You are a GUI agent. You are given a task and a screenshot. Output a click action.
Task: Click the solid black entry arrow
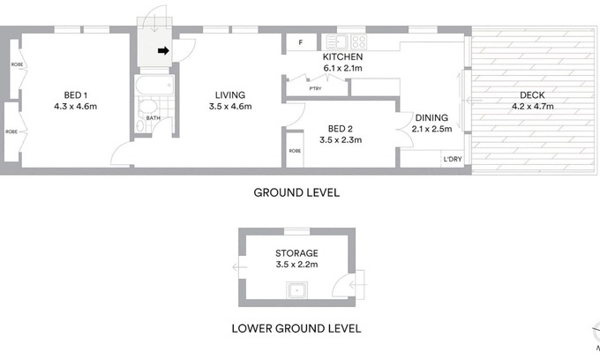[x=163, y=50]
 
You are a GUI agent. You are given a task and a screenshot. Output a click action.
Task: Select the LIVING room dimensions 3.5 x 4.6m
[x=230, y=107]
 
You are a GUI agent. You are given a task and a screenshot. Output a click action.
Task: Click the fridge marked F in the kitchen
[x=301, y=42]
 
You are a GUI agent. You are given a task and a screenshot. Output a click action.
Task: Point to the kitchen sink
[x=336, y=41]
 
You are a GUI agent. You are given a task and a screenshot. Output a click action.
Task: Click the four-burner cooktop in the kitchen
[x=358, y=41]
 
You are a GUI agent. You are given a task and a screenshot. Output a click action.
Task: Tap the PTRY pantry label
[x=315, y=89]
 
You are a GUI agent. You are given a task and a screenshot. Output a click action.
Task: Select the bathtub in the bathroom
[x=154, y=85]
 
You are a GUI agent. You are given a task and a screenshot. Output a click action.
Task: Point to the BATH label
[x=153, y=118]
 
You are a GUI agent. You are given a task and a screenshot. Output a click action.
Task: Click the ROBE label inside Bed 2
[x=295, y=151]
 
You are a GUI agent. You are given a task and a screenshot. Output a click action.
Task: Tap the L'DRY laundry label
[x=453, y=159]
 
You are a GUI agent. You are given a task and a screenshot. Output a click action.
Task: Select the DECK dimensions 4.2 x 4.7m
[x=533, y=107]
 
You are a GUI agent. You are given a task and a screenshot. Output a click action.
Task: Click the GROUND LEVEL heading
[x=296, y=192]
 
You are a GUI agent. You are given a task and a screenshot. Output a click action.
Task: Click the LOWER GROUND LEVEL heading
[x=296, y=328]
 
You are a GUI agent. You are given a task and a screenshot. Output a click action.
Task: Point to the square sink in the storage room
[x=297, y=290]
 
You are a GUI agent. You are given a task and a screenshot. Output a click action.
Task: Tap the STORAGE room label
[x=297, y=253]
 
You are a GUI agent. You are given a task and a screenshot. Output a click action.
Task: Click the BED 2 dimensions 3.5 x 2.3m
[x=341, y=140]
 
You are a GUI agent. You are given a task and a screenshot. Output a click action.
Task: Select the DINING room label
[x=431, y=118]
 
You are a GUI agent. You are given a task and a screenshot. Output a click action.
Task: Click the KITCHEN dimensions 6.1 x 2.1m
[x=343, y=69]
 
